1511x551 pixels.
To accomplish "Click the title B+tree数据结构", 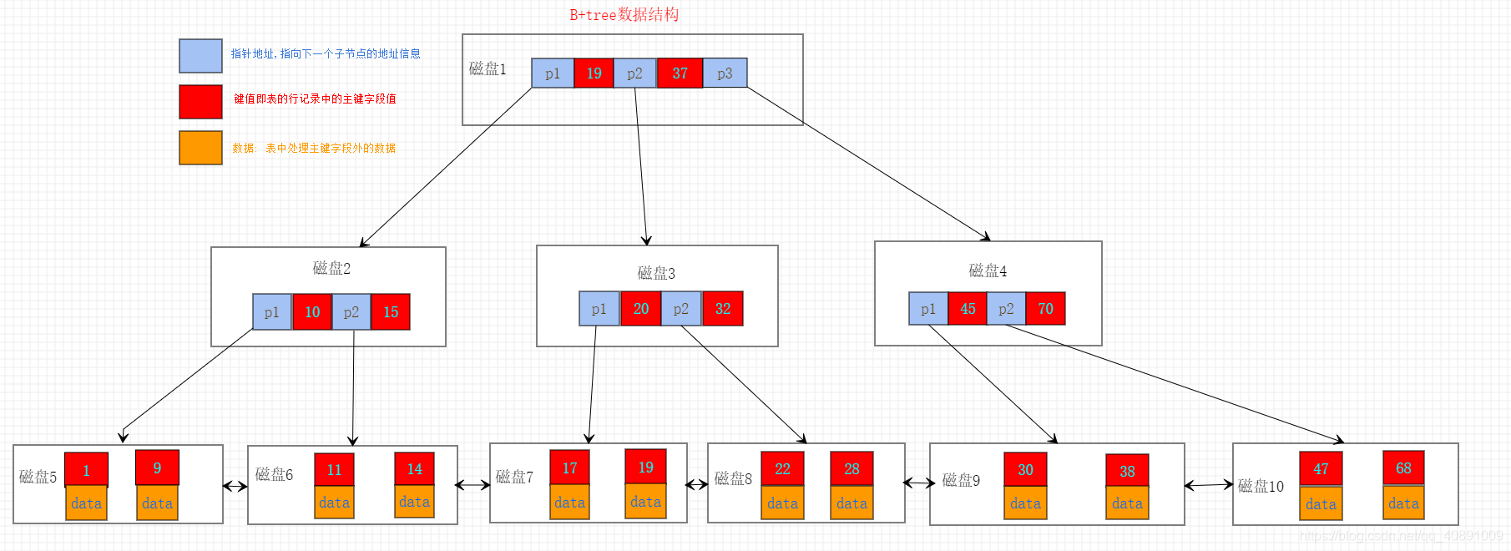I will pos(624,14).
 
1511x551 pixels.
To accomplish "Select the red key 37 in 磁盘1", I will pos(680,73).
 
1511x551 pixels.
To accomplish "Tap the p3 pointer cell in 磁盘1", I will pos(725,73).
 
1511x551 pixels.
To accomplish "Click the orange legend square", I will pos(200,148).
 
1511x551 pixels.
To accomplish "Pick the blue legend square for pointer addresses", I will pos(200,56).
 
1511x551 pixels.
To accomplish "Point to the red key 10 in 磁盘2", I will pos(312,312).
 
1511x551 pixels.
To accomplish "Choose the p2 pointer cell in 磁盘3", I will pos(681,309).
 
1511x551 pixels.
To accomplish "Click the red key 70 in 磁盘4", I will pos(1045,309).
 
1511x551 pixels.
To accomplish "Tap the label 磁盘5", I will pos(38,477).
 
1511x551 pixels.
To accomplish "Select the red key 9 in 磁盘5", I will pos(157,468).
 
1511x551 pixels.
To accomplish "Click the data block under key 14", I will pos(414,502).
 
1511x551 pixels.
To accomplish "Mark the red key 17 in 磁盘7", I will pos(569,468).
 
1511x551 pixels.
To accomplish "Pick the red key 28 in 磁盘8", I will pos(852,469).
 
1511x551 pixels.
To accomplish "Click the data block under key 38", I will pos(1127,503).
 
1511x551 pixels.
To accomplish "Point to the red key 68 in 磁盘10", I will pos(1403,468).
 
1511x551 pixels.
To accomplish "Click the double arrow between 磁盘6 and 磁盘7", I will pos(473,484).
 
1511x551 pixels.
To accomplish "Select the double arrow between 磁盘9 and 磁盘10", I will pos(1208,484).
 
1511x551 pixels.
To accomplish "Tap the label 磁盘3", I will pos(656,273).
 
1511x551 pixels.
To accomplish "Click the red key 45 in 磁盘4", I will pos(968,309).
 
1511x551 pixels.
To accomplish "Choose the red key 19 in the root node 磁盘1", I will pos(594,73).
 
